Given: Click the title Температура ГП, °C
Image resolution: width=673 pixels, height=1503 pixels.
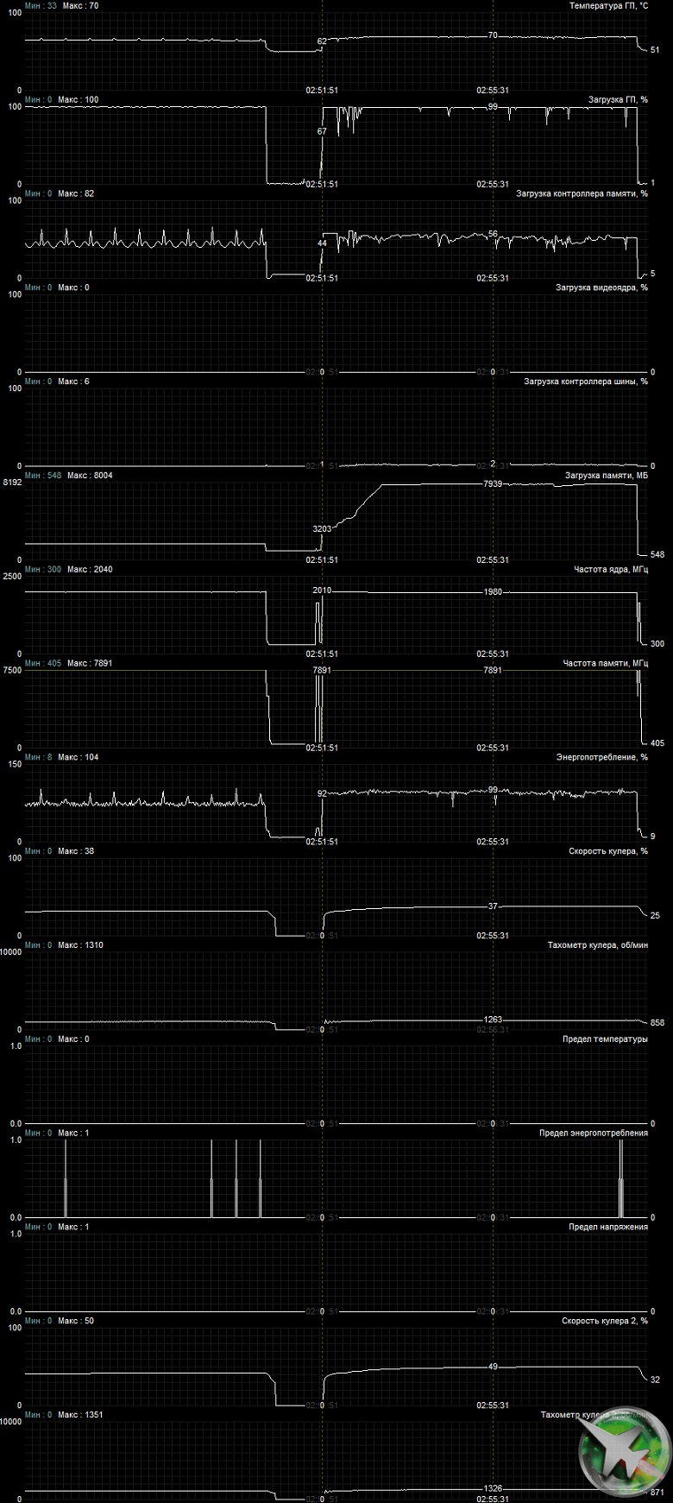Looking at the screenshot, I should (x=608, y=6).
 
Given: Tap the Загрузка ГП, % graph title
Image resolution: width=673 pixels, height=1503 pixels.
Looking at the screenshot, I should (x=618, y=100).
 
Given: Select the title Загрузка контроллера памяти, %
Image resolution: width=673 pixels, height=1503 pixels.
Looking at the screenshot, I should (x=582, y=194).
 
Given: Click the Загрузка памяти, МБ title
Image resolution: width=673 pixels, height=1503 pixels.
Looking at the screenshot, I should (x=606, y=476).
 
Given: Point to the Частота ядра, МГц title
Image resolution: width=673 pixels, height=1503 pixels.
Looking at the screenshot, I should (x=611, y=570).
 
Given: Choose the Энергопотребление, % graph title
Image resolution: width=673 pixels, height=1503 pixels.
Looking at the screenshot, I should (x=601, y=758).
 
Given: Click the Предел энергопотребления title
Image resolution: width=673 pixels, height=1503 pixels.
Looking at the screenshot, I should (x=593, y=1134).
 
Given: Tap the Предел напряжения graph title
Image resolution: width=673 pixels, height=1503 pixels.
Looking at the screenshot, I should (x=607, y=1228).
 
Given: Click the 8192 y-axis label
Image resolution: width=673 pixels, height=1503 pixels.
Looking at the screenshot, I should (x=12, y=483).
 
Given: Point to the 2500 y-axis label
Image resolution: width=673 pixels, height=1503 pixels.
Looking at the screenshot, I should (x=12, y=577).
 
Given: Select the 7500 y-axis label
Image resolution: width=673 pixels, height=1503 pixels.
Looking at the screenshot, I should (x=12, y=671).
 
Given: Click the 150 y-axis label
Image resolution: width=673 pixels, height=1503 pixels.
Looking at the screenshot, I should (x=14, y=765).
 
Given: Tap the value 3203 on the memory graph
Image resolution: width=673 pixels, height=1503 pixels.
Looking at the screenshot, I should (x=322, y=528).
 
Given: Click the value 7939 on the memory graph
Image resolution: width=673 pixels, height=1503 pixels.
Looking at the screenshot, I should (x=493, y=484).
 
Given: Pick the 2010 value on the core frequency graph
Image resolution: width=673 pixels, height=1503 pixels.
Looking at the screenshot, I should (x=322, y=590).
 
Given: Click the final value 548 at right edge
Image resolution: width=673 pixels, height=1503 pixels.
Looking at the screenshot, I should (x=657, y=554).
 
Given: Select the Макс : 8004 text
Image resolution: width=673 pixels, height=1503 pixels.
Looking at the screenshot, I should (x=90, y=476).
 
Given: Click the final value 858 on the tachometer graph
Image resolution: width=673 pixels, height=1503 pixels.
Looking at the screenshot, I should (x=657, y=1023).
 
